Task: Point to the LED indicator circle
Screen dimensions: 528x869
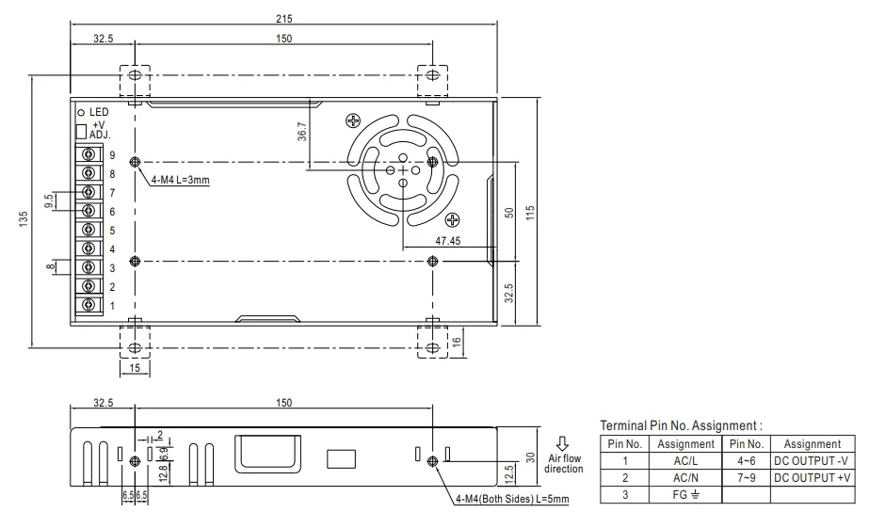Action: pyautogui.click(x=81, y=112)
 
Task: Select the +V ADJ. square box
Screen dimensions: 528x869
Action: pyautogui.click(x=81, y=130)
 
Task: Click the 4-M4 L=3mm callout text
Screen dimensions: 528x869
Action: pyautogui.click(x=180, y=179)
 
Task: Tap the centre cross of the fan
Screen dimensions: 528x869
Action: pyautogui.click(x=403, y=170)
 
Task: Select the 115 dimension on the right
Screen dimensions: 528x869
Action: pyautogui.click(x=531, y=213)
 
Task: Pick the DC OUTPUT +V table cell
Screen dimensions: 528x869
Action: pyautogui.click(x=812, y=477)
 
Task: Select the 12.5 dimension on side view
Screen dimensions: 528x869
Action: pyautogui.click(x=509, y=470)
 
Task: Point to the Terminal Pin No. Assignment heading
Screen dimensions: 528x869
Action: pyautogui.click(x=681, y=425)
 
